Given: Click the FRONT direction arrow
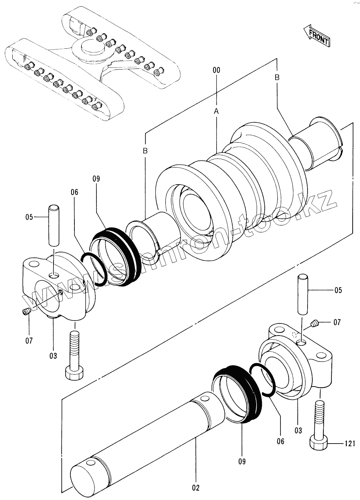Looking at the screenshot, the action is click(x=316, y=36).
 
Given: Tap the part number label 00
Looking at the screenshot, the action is click(x=216, y=70).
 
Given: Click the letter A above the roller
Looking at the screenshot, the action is click(x=216, y=111).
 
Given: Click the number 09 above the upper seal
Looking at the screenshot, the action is click(x=96, y=179).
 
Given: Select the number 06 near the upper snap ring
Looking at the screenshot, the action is click(x=75, y=192).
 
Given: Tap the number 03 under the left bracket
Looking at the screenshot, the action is click(x=53, y=356).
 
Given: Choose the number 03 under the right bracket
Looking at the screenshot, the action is click(x=298, y=430).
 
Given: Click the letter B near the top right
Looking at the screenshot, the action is click(x=277, y=77).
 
